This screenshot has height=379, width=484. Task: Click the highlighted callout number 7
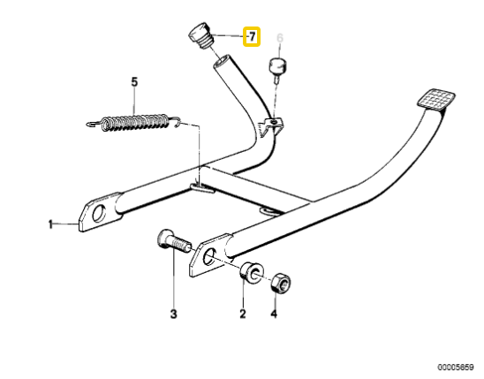[252, 37]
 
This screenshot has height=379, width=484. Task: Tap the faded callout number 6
[280, 38]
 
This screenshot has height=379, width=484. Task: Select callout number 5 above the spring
[134, 82]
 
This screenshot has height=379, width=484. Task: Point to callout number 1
[50, 224]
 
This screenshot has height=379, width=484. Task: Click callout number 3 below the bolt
[174, 314]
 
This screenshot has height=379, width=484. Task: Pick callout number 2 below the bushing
[243, 314]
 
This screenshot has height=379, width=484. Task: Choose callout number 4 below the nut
[274, 314]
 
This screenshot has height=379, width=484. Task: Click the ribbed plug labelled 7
[200, 35]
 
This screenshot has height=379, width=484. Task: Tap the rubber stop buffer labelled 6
[278, 68]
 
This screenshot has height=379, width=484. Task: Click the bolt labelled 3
[173, 240]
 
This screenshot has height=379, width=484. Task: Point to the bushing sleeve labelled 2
[252, 273]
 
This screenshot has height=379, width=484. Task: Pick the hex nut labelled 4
[281, 283]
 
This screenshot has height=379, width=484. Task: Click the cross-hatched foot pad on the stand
[436, 101]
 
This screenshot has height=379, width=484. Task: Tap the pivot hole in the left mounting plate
[99, 214]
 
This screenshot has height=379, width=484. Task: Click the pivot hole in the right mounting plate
[209, 256]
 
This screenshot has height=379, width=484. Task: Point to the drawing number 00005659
[455, 367]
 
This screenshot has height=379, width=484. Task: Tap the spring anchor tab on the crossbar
[202, 188]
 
